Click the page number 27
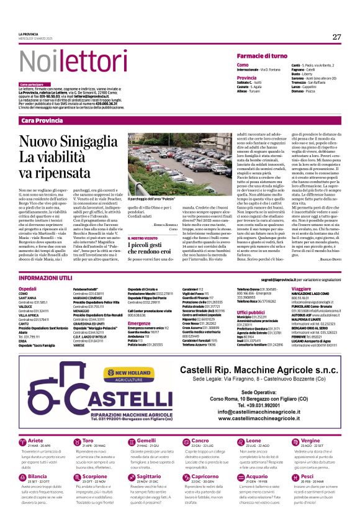pyautogui.click(x=336, y=37)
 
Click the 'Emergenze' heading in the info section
pyautogui.click(x=139, y=323)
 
